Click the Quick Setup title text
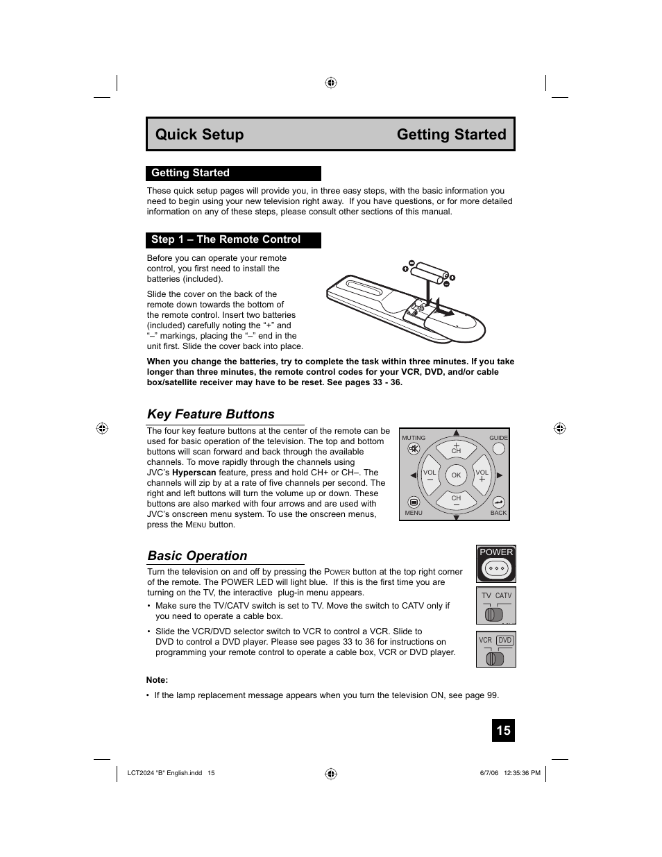pos(199,135)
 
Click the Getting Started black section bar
pos(233,173)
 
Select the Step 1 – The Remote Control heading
pos(233,239)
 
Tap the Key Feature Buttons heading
pos(211,414)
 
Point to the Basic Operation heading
pos(197,556)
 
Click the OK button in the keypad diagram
pos(456,475)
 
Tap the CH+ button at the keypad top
pos(456,448)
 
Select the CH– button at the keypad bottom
pos(456,500)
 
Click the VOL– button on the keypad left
pos(430,475)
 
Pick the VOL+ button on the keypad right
pos(482,475)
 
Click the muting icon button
pos(414,449)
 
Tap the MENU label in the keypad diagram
pos(414,513)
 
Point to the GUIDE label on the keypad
pos(498,438)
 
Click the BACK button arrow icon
pos(498,502)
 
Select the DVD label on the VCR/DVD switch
pos(504,640)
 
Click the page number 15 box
pos(503,730)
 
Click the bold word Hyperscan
pos(194,473)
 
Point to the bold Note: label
pos(157,680)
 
